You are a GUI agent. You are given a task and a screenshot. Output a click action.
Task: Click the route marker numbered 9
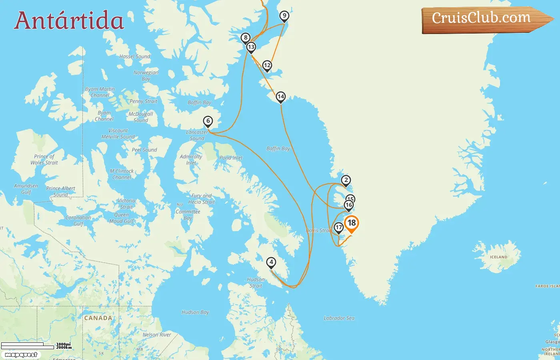coord(284,16)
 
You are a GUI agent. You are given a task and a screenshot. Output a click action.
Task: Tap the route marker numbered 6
coord(208,121)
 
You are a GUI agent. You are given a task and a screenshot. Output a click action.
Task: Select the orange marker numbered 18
coord(352,224)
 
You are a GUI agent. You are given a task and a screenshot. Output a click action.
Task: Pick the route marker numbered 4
coord(271,263)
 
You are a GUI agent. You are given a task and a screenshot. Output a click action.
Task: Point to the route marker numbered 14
coord(281,97)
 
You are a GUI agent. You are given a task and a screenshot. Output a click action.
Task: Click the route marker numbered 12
coord(267,66)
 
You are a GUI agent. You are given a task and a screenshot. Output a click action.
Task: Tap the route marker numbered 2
coord(346,180)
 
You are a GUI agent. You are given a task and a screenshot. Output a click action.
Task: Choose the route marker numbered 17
coord(339,228)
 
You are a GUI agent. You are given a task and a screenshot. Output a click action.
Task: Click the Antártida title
coord(69,20)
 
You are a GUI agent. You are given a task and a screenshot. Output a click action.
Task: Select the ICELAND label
coord(498,257)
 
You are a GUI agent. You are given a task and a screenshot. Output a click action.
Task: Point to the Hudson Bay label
coord(195,312)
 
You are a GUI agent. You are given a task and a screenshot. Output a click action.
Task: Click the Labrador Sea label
coord(339,318)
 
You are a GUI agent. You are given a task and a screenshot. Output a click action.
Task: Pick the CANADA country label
coord(98,318)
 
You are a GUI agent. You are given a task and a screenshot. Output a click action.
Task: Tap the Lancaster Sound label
coord(197,135)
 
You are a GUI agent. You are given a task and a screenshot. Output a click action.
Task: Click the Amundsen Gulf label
coord(26,189)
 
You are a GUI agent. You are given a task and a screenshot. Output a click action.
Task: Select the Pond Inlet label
coord(231,158)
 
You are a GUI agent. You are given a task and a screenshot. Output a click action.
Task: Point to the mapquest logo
coord(21,354)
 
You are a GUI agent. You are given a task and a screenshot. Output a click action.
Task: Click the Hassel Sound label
coord(134,56)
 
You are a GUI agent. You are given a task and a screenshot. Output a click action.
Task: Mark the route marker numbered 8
coord(246,38)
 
